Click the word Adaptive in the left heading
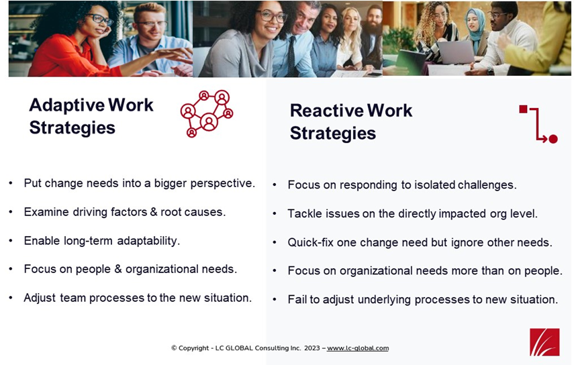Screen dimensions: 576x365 pos(66,105)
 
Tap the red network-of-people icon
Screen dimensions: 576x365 pos(207,113)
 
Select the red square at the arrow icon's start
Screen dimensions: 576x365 pos(523,109)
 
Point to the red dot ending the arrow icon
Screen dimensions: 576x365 pos(553,139)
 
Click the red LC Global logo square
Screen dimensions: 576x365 pos(544,342)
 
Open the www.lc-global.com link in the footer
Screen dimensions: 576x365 pos(358,348)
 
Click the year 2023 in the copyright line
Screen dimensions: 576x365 pos(312,348)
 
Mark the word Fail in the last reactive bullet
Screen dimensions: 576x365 pos(297,299)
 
